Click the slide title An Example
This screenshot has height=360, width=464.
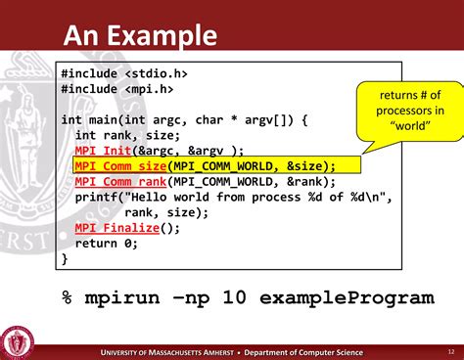pyautogui.click(x=139, y=36)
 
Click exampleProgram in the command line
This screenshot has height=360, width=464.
pyautogui.click(x=352, y=295)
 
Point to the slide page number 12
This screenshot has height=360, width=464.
pyautogui.click(x=450, y=351)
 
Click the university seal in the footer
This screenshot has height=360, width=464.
pyautogui.click(x=21, y=341)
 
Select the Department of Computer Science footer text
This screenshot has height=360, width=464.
pyautogui.click(x=303, y=352)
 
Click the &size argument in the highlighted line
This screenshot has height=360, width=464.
pyautogui.click(x=305, y=165)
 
